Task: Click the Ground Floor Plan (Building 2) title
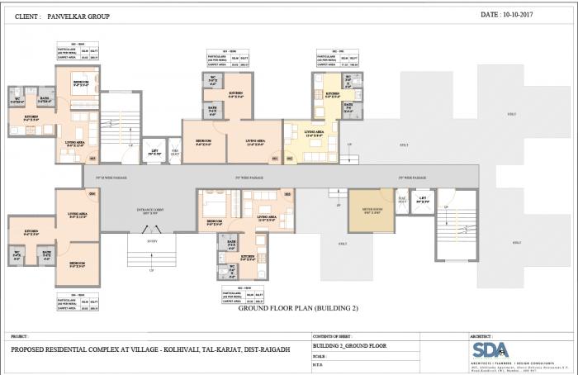(297, 308)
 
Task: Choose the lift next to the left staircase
(154, 151)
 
